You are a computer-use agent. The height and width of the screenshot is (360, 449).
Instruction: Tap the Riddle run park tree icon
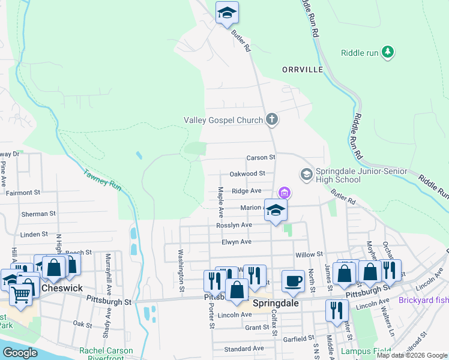point(388,52)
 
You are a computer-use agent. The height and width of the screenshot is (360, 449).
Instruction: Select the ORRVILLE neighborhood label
point(303,70)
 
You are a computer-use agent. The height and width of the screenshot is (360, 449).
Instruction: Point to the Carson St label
point(261,157)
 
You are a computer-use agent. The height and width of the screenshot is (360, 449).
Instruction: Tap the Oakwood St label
point(247,173)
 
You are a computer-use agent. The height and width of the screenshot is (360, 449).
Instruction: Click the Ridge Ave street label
point(247,191)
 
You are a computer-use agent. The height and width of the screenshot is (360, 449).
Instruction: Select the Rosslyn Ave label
point(234,225)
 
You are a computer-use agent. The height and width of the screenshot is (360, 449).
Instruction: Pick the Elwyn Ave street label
point(237,242)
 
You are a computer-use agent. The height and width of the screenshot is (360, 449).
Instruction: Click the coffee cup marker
point(293,281)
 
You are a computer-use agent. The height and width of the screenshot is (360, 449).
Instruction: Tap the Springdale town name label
point(276,303)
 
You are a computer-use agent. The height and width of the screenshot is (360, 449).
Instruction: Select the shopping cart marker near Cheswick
point(21,295)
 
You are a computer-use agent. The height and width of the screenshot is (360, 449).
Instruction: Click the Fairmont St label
point(22,193)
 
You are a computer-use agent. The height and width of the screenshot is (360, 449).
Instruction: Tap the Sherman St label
point(38,213)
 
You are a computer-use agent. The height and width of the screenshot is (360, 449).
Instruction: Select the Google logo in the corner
point(20,353)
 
